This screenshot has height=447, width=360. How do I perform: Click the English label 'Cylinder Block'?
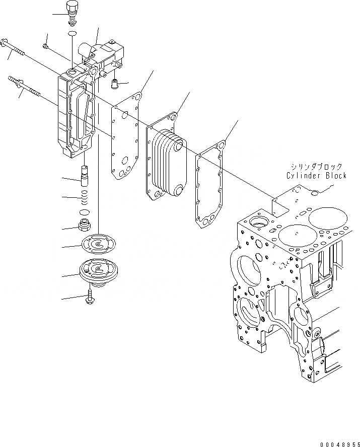click(x=316, y=176)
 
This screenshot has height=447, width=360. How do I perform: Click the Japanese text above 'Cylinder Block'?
click(x=317, y=167)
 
